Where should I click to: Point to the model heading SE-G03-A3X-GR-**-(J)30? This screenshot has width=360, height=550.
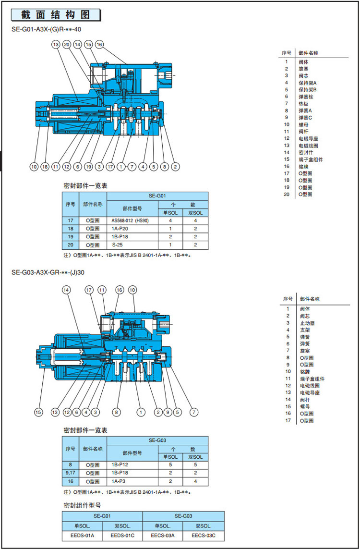(48, 272)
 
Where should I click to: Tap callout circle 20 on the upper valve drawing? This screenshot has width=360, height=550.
(67, 45)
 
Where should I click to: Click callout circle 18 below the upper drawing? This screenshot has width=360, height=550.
(45, 167)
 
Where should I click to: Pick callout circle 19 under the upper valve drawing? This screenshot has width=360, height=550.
(88, 167)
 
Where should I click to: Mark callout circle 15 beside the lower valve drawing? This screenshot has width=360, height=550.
(39, 412)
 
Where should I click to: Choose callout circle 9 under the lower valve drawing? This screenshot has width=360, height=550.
(168, 412)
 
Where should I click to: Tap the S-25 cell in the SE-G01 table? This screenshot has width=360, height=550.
(118, 245)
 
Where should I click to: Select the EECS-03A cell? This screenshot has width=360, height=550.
(163, 535)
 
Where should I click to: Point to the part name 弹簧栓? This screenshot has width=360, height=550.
(305, 97)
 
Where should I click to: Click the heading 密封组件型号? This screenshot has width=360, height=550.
(82, 505)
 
